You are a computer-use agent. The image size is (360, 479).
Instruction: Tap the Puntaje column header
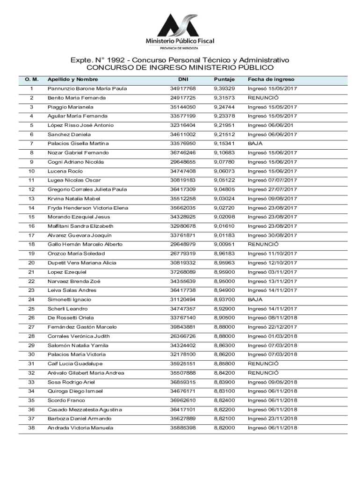click(x=224, y=79)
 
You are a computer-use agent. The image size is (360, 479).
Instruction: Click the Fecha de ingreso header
click(x=271, y=79)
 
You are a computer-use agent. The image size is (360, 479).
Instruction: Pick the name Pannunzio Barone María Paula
click(x=87, y=88)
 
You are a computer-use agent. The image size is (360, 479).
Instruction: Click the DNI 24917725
click(x=183, y=98)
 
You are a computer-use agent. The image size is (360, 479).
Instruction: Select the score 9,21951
click(x=224, y=125)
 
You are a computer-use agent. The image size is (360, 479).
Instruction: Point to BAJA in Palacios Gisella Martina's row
click(x=255, y=143)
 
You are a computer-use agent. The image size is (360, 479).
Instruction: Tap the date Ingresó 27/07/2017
click(x=272, y=189)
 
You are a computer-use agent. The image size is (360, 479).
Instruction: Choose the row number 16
click(x=31, y=226)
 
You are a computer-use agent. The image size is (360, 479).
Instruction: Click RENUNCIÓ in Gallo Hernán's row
click(x=263, y=244)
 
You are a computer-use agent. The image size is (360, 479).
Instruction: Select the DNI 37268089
click(x=183, y=272)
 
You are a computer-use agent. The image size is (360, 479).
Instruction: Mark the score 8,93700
click(x=224, y=299)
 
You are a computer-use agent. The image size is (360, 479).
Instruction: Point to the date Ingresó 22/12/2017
click(x=272, y=327)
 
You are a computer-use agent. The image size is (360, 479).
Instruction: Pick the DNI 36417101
click(x=183, y=409)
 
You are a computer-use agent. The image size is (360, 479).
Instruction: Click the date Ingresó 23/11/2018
click(x=272, y=419)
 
